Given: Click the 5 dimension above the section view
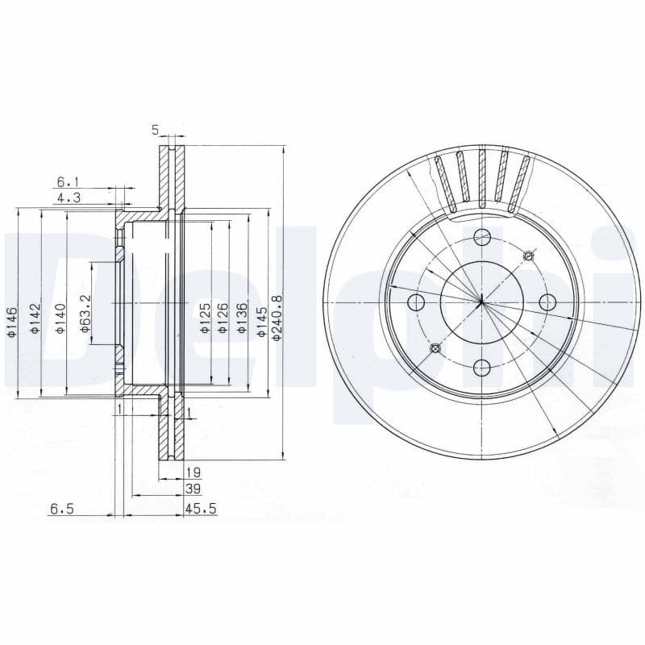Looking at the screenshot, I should tap(156, 129).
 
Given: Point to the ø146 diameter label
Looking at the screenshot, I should tap(12, 321).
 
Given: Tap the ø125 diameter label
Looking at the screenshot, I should tap(205, 316).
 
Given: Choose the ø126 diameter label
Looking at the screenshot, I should tap(223, 316).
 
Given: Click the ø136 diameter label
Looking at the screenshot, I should tap(241, 316).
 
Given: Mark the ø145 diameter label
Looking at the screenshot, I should tap(260, 316).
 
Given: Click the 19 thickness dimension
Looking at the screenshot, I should tap(193, 472).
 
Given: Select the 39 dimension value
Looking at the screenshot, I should tap(193, 489).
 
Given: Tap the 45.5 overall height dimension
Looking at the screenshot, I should tap(199, 510).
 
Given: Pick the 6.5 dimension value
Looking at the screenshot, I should tap(62, 510).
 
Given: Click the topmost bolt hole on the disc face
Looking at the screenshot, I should tap(482, 237).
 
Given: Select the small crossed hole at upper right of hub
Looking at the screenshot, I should tap(528, 256).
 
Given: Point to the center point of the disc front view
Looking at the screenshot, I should tap(481, 302).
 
